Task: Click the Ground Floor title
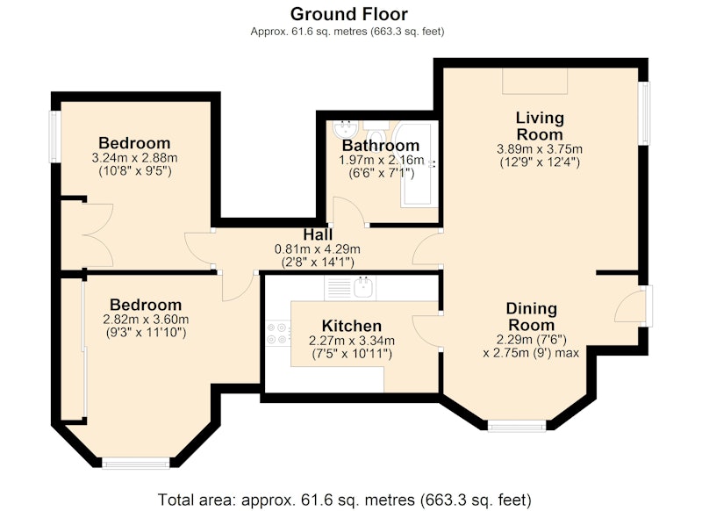(348, 14)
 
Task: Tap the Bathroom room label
(381, 146)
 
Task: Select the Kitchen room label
(352, 326)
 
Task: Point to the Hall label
(318, 234)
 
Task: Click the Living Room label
(540, 126)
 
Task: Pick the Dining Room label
(532, 317)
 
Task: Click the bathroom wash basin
(345, 129)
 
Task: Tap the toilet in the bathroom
(376, 132)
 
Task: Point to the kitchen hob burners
(277, 334)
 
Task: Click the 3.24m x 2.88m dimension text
(134, 158)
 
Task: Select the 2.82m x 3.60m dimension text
(146, 320)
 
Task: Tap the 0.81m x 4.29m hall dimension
(317, 249)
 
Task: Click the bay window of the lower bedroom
(136, 463)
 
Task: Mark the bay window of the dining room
(517, 426)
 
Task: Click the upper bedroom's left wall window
(54, 137)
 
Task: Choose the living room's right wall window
(643, 113)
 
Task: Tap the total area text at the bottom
(345, 500)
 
